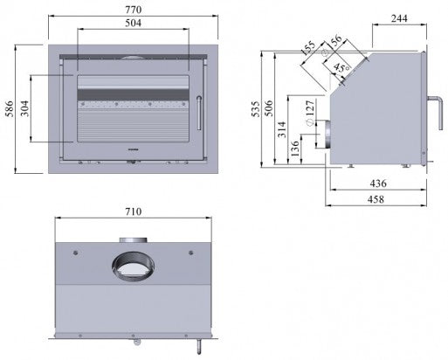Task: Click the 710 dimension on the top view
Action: (x=132, y=212)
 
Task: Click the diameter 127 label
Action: (x=309, y=112)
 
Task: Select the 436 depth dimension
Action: (x=378, y=183)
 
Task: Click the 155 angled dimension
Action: (x=306, y=51)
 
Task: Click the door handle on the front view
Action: (x=199, y=111)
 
